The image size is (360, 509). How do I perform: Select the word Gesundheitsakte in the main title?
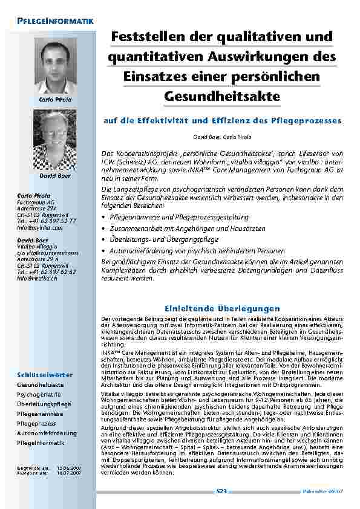click(x=222, y=96)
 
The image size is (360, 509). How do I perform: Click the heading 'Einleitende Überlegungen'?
click(x=222, y=308)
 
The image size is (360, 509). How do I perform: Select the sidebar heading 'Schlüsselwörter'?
click(x=45, y=375)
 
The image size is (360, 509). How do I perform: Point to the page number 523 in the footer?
click(x=221, y=492)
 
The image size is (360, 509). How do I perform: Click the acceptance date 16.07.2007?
click(x=65, y=473)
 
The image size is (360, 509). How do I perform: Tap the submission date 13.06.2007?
click(x=65, y=468)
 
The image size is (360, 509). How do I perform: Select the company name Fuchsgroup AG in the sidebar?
click(x=36, y=202)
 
